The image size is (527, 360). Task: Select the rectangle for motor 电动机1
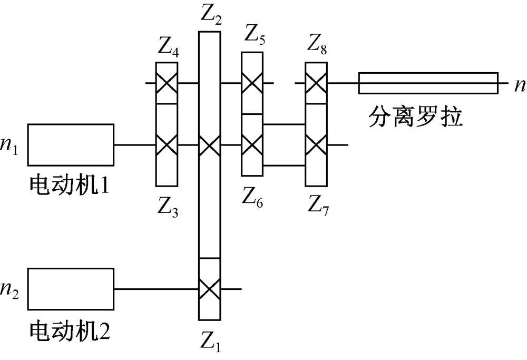[x=71, y=144]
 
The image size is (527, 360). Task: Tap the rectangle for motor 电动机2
[x=71, y=289]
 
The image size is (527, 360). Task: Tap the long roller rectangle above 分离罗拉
[x=428, y=83]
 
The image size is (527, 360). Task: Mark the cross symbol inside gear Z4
[x=167, y=83]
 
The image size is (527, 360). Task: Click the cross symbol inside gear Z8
[x=316, y=83]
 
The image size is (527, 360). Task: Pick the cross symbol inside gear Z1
[x=210, y=289]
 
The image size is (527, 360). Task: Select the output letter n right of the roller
[x=519, y=84]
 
